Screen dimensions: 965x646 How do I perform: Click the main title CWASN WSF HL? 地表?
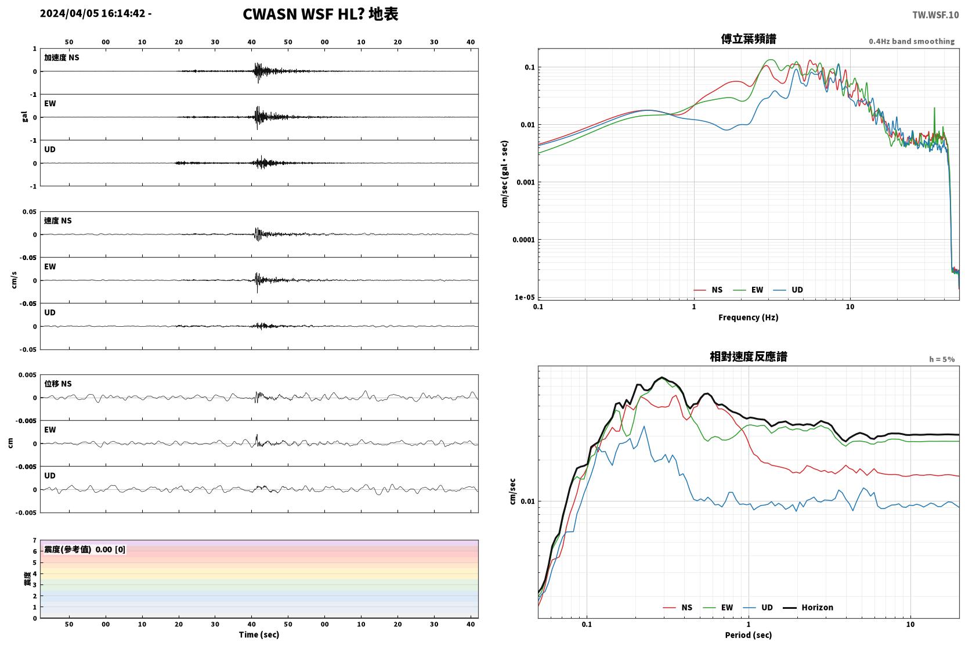coord(320,15)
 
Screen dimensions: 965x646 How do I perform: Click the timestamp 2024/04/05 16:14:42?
coord(93,13)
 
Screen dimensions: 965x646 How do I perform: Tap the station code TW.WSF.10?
coord(935,15)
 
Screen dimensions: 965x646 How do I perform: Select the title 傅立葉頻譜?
coord(749,39)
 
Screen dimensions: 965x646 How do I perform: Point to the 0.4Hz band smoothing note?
coord(912,41)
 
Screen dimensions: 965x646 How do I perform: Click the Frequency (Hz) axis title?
coord(749,317)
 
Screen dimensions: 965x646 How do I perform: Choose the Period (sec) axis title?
coord(749,635)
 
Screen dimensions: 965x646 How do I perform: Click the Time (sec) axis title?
coord(259,634)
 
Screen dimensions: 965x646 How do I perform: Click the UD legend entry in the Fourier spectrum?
coord(789,290)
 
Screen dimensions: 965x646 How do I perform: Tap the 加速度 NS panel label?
coord(62,57)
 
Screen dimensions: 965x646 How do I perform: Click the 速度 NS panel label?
coord(57,221)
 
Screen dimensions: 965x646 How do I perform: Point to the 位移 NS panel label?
coord(57,384)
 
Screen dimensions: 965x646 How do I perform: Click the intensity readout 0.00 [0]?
coord(110,550)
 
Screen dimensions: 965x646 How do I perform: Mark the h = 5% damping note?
coord(942,359)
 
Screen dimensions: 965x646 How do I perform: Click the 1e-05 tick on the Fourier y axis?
coord(525,297)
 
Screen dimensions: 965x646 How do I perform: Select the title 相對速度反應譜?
coord(749,357)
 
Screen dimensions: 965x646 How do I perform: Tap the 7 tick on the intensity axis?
coord(34,540)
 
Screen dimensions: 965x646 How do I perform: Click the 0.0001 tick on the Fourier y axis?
coord(523,240)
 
